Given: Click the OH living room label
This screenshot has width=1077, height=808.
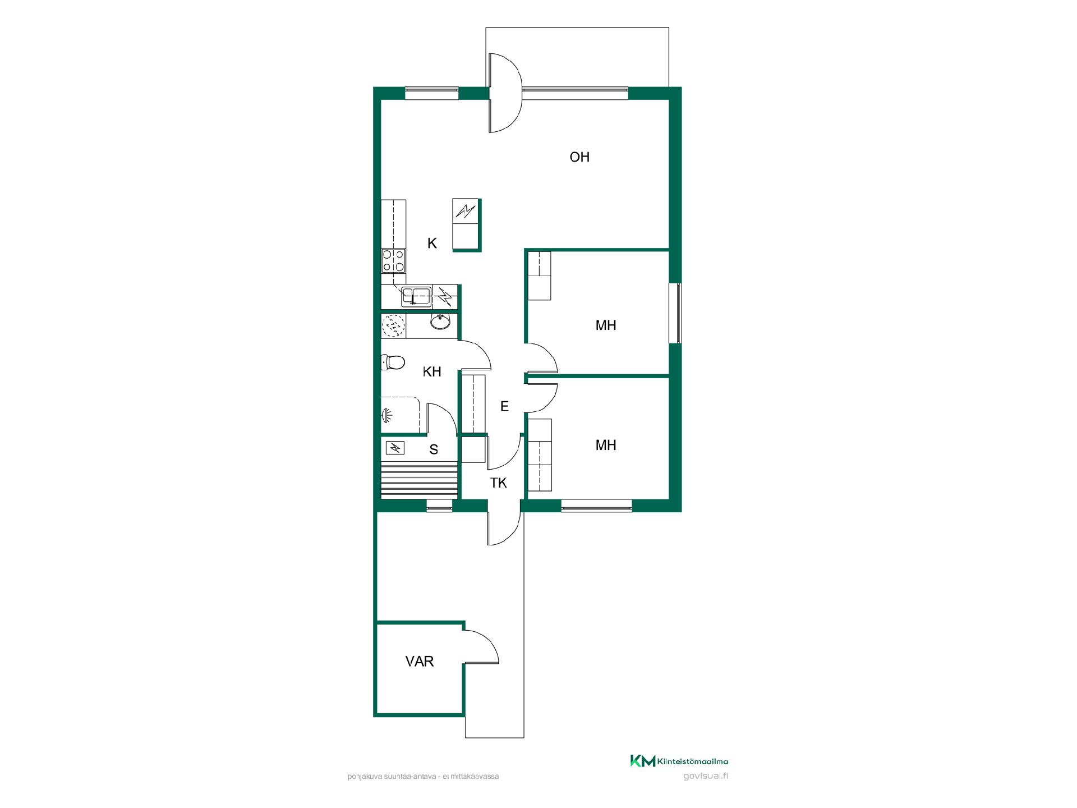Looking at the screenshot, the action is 579,157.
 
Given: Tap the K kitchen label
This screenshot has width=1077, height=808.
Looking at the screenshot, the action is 432,243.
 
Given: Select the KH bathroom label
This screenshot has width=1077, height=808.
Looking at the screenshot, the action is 432,371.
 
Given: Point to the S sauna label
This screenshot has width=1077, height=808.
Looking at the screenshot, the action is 434,449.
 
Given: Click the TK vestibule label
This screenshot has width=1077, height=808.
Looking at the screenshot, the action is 498,483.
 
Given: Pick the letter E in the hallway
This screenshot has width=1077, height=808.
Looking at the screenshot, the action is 504,406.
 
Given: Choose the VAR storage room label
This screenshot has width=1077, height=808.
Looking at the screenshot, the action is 420,662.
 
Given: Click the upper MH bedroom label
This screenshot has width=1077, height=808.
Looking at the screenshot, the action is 606,325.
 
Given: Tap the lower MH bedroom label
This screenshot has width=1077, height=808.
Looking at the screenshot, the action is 606,446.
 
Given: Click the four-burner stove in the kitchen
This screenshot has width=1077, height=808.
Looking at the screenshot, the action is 393,261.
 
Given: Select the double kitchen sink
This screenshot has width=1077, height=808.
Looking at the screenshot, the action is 416,296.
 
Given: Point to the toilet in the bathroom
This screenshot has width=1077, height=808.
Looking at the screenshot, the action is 393,362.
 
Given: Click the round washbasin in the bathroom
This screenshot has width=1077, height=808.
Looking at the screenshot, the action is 440,322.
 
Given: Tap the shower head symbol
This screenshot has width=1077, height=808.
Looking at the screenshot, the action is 387,415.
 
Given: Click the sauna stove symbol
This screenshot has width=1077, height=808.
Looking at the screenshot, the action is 396,448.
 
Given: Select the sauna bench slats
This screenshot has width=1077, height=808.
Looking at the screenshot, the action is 420,480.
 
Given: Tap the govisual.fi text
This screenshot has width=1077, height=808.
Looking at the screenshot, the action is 706,777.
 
